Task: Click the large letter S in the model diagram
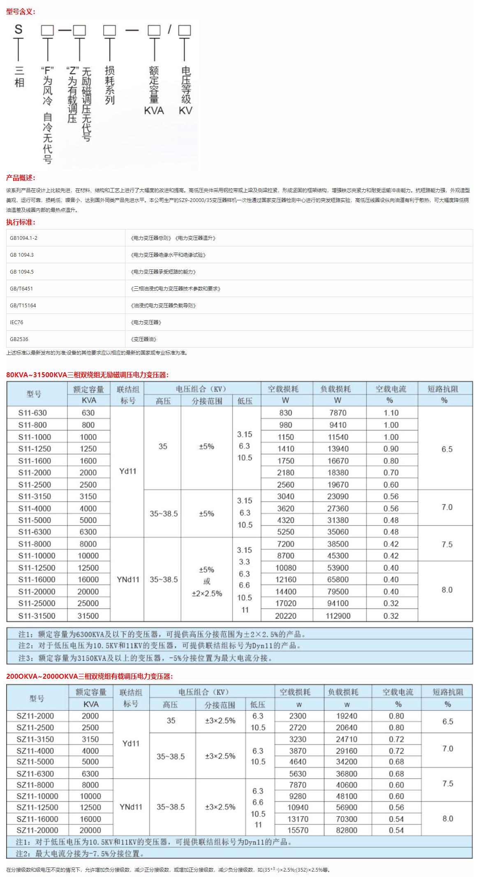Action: point(18,29)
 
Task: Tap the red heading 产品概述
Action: point(21,178)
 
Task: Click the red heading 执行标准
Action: point(21,222)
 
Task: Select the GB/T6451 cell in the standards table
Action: point(21,289)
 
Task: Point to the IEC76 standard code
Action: point(16,322)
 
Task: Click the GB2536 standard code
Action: point(19,339)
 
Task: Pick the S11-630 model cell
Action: point(32,413)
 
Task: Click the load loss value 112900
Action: point(338,616)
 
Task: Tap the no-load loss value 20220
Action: point(286,616)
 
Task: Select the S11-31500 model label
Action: point(37,616)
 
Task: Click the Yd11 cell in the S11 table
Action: point(127,471)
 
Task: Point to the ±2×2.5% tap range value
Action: point(207,594)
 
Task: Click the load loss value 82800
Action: point(347,830)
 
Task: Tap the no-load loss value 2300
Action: point(298,716)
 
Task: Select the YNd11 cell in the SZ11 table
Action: point(131,807)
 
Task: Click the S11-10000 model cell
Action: point(37,556)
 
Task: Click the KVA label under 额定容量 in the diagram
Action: point(154,111)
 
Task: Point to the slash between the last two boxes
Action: point(169,29)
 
